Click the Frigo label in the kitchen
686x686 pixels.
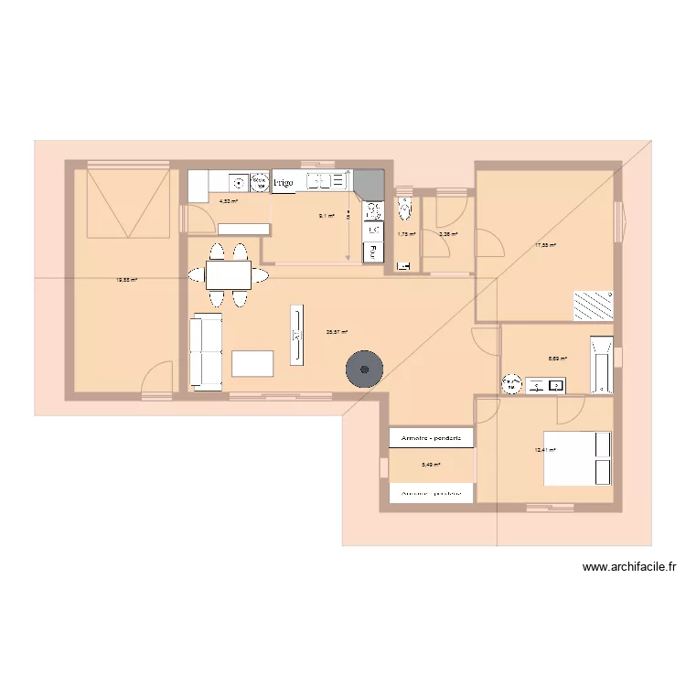coord(284,184)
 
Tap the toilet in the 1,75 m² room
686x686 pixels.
coord(406,209)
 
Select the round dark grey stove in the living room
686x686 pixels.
coord(365,370)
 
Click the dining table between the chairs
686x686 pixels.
coord(228,273)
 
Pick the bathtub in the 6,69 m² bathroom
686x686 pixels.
coord(601,361)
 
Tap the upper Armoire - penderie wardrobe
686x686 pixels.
coord(431,438)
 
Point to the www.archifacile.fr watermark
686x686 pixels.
coord(629,567)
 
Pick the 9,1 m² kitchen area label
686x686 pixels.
coord(326,216)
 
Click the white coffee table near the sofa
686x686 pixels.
coord(253,363)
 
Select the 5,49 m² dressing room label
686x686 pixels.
coord(431,465)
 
